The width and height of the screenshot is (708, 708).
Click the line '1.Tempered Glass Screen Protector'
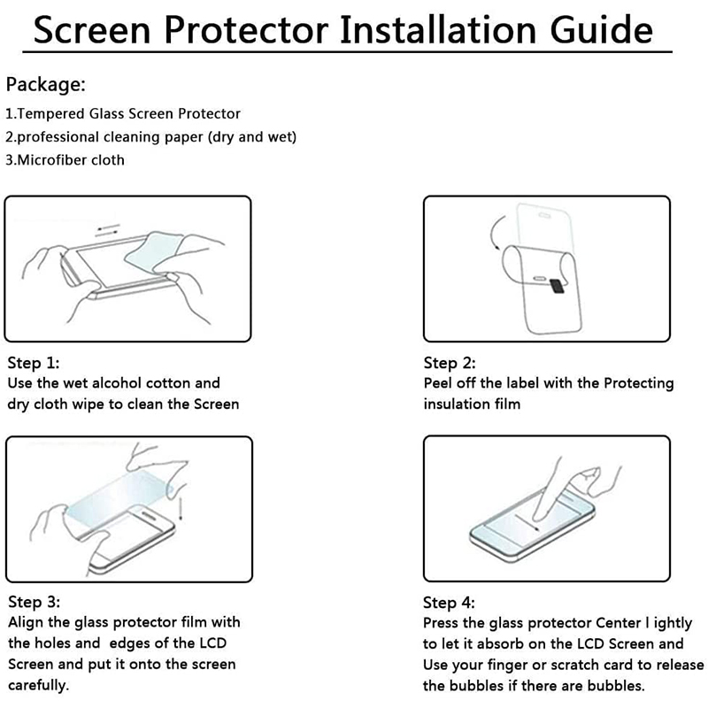[123, 114]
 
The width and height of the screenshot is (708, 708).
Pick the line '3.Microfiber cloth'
[65, 160]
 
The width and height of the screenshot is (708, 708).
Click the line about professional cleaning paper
[151, 137]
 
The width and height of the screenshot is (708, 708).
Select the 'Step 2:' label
[450, 363]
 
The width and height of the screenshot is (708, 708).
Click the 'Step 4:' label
[450, 603]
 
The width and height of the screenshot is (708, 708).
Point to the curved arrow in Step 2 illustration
[493, 235]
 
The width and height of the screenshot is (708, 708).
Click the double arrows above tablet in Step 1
[107, 231]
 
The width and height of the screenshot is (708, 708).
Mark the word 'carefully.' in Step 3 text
[38, 686]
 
